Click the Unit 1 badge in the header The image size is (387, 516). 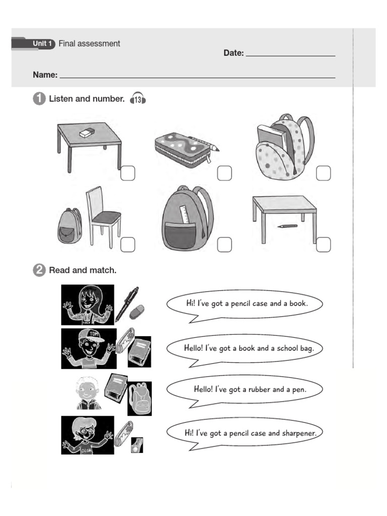point(43,44)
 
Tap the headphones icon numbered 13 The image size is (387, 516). point(138,99)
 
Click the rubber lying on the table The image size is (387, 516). point(87,133)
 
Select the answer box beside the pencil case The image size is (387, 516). point(224,173)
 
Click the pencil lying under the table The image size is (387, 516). point(287,226)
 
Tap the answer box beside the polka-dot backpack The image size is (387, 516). point(324,173)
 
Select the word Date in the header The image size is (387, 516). point(233,53)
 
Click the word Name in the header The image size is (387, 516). point(45,75)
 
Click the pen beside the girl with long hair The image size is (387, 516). point(126,303)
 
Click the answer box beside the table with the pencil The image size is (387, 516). point(324,244)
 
